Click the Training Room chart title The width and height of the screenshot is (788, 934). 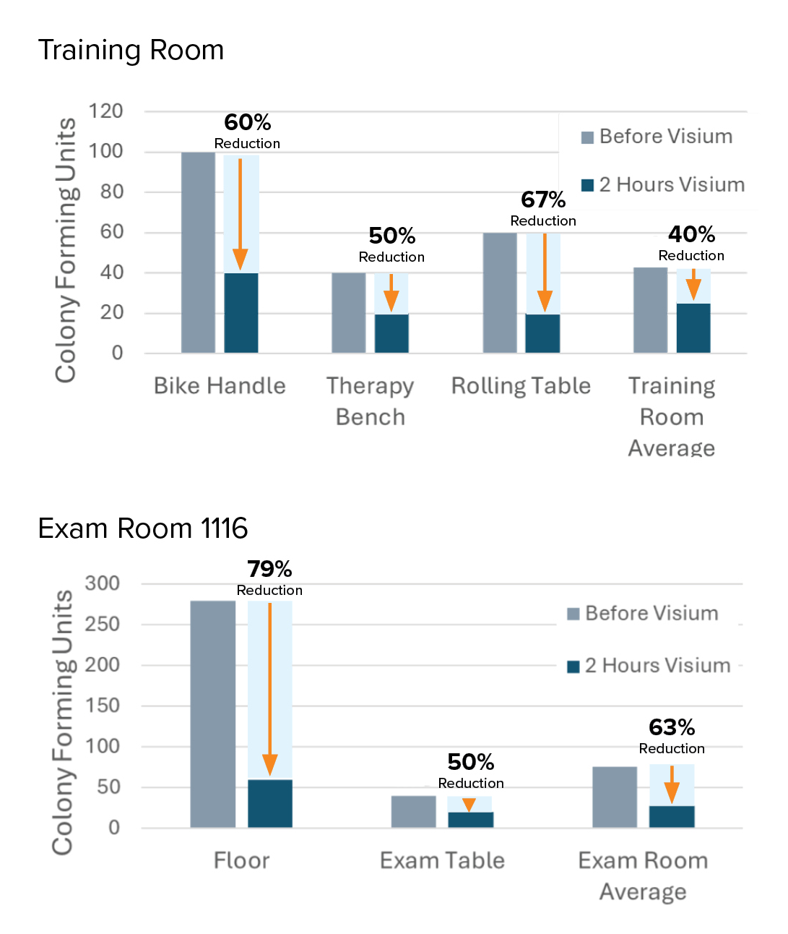(131, 51)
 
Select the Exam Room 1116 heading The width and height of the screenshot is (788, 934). (142, 528)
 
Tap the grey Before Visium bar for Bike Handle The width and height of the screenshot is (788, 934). (198, 252)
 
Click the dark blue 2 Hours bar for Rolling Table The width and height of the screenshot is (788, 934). (542, 333)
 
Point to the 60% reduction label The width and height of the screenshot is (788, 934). (247, 123)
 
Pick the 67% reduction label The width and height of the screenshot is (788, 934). (543, 200)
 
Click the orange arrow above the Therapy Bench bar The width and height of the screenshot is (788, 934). (391, 292)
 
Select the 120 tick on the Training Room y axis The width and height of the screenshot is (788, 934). (105, 111)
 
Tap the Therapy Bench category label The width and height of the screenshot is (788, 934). (370, 400)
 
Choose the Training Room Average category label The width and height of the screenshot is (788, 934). (671, 416)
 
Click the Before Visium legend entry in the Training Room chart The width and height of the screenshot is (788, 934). (657, 137)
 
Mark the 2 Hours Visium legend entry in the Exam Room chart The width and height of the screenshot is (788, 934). (649, 665)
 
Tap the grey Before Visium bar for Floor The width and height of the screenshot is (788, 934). (213, 714)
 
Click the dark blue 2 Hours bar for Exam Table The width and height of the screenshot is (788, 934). (470, 819)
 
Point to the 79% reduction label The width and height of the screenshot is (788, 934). (269, 570)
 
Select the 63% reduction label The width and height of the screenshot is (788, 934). (672, 727)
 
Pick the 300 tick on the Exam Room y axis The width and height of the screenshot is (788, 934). (103, 583)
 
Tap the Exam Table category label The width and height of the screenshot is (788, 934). (442, 860)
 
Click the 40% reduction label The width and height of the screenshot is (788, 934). (691, 235)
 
